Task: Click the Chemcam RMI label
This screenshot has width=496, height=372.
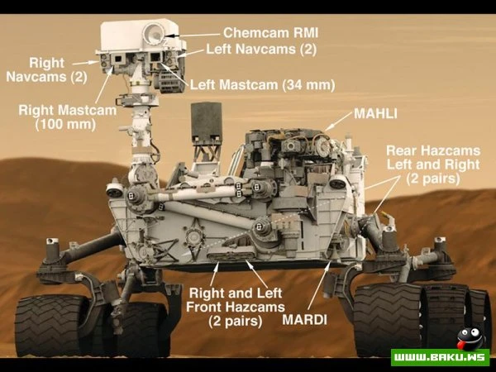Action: [x=270, y=32]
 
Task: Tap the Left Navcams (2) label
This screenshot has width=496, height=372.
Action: [x=261, y=50]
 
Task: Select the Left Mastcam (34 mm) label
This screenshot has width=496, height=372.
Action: [x=262, y=85]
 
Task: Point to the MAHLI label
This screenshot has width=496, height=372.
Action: [x=375, y=114]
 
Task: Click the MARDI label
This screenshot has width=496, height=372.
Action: [x=304, y=320]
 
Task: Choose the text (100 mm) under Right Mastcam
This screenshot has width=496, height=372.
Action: [x=65, y=124]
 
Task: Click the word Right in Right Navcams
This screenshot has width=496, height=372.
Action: [x=46, y=63]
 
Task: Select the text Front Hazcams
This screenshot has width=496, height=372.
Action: [x=236, y=307]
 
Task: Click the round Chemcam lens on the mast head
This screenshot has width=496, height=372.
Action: [x=154, y=33]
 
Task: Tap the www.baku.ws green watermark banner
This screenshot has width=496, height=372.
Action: [x=440, y=357]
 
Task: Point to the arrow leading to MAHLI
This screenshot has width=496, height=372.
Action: [x=338, y=121]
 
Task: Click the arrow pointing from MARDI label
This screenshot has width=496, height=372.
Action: [x=319, y=286]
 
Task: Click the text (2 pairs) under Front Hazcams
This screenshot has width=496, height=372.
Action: [x=236, y=321]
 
